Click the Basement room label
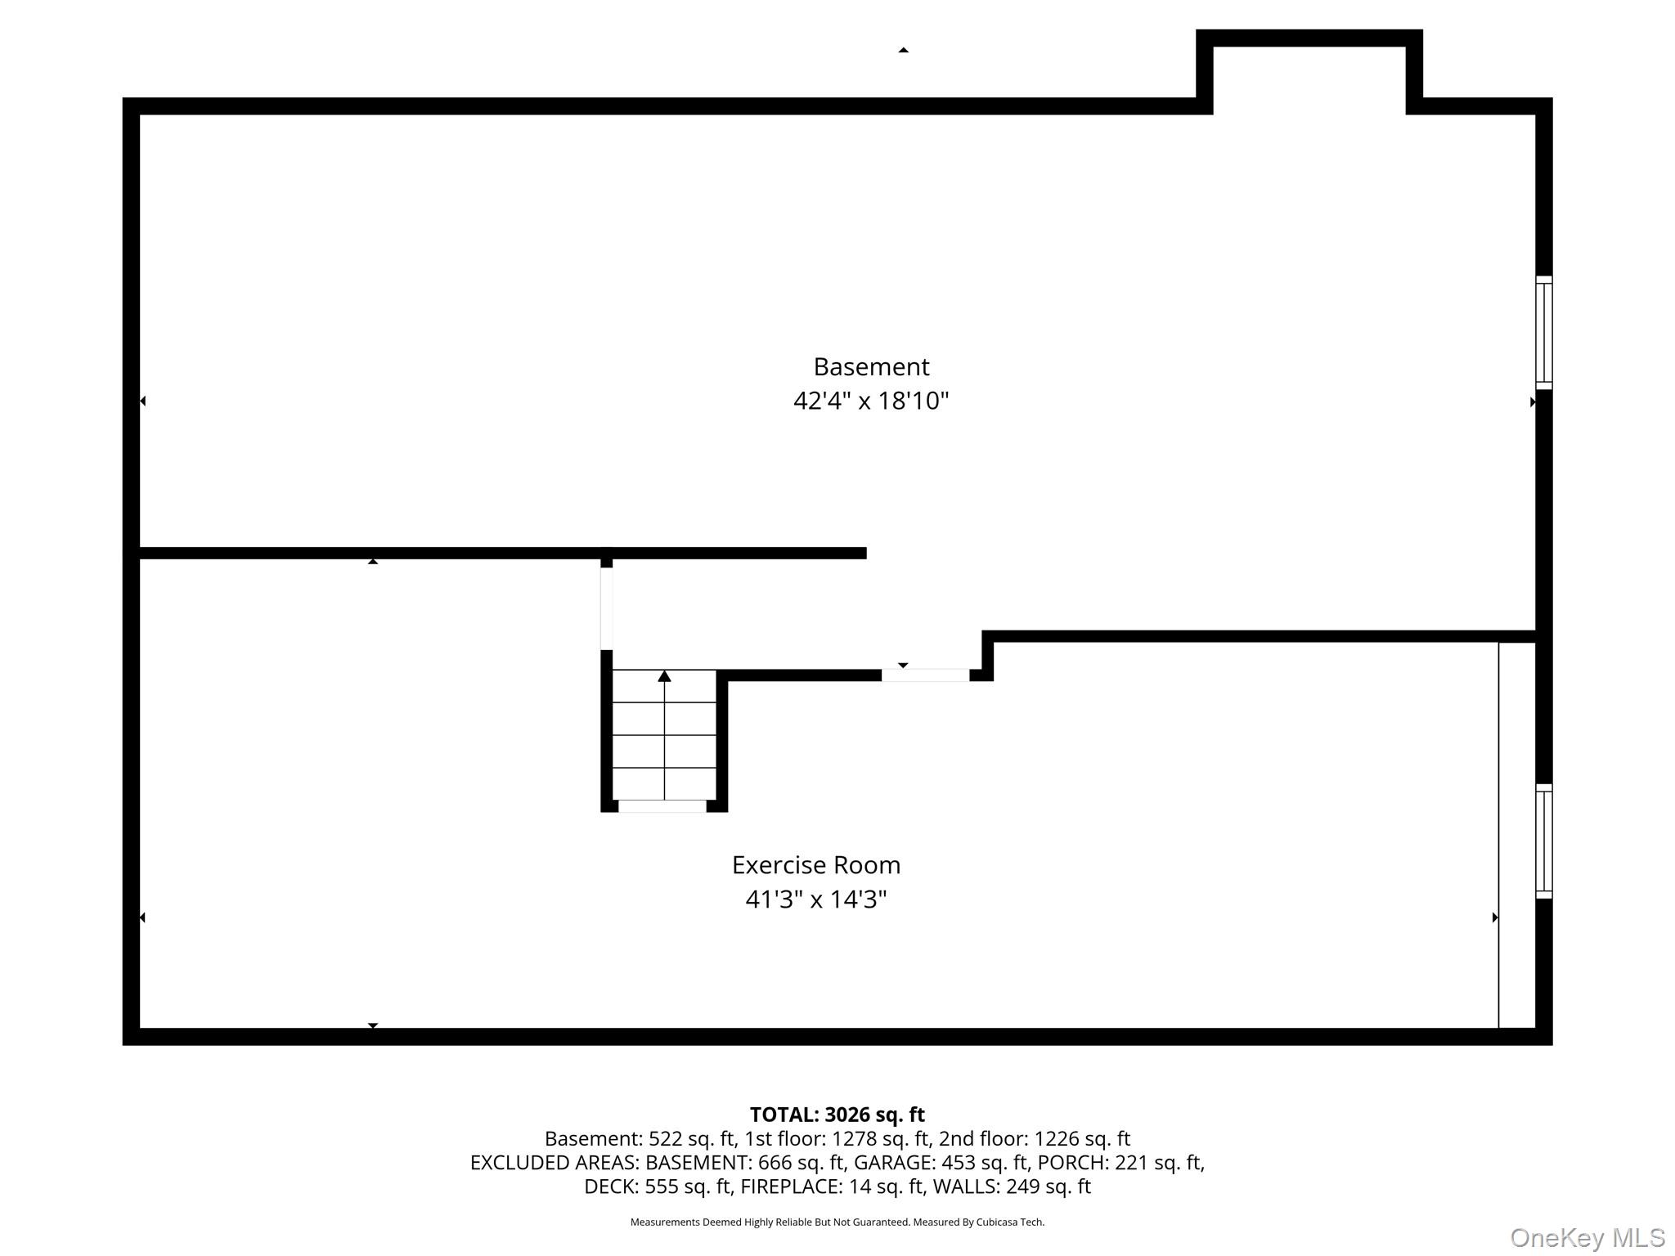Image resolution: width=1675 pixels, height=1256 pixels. click(x=871, y=366)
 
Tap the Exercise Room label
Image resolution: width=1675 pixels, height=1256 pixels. click(x=816, y=864)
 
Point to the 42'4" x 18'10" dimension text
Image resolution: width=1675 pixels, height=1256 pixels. click(x=871, y=401)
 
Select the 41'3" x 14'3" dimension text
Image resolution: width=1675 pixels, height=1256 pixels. click(x=816, y=899)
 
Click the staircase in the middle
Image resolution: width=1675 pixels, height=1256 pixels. click(x=664, y=735)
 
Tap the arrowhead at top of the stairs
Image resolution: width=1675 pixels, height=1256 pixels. click(x=664, y=675)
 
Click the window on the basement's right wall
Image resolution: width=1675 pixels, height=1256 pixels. click(x=1543, y=333)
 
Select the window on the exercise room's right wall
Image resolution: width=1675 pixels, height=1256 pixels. click(x=1543, y=841)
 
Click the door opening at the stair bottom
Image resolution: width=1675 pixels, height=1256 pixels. click(x=662, y=806)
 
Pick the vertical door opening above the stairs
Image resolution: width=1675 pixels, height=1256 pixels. click(x=607, y=608)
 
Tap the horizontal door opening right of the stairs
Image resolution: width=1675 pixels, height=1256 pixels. click(x=925, y=675)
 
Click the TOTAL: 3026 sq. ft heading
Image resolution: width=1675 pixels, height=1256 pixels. click(x=837, y=1115)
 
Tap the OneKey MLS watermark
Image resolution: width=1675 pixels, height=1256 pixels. click(x=1587, y=1238)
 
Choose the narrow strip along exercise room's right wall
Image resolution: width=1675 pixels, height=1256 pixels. click(x=1517, y=835)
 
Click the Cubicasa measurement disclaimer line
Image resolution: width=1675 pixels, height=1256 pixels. click(x=837, y=1222)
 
